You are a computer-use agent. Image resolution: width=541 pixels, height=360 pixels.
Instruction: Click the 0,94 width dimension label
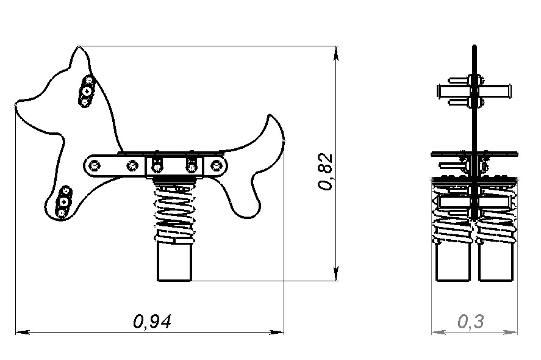152,322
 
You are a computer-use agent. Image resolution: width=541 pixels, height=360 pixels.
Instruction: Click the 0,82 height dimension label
325,171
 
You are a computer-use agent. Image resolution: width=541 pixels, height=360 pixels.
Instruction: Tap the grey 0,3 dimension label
471,322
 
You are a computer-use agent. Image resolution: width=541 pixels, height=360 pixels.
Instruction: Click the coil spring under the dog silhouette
174,212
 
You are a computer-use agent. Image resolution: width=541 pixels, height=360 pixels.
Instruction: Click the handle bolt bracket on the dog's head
86,91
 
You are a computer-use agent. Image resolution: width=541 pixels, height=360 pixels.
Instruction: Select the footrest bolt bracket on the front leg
63,201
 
